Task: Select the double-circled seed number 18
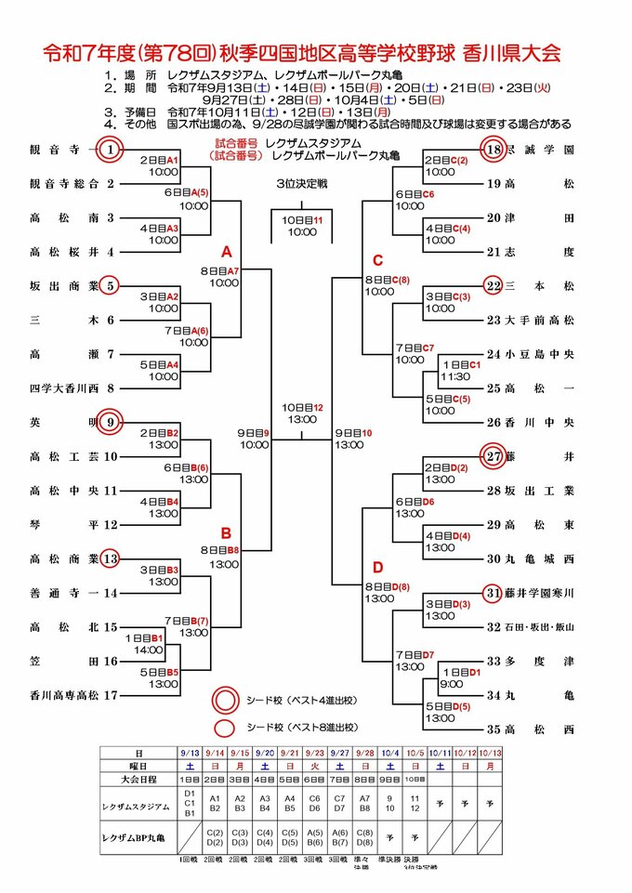tap(494, 149)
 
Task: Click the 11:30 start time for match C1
tap(455, 377)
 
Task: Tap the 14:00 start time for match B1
tap(147, 650)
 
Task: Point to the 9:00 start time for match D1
tap(452, 684)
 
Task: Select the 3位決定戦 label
tap(302, 182)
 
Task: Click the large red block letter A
tap(226, 251)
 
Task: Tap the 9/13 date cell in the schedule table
tap(190, 752)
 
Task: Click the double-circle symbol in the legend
tap(225, 700)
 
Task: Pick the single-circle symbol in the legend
tap(225, 728)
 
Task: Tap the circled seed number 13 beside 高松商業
tap(111, 558)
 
